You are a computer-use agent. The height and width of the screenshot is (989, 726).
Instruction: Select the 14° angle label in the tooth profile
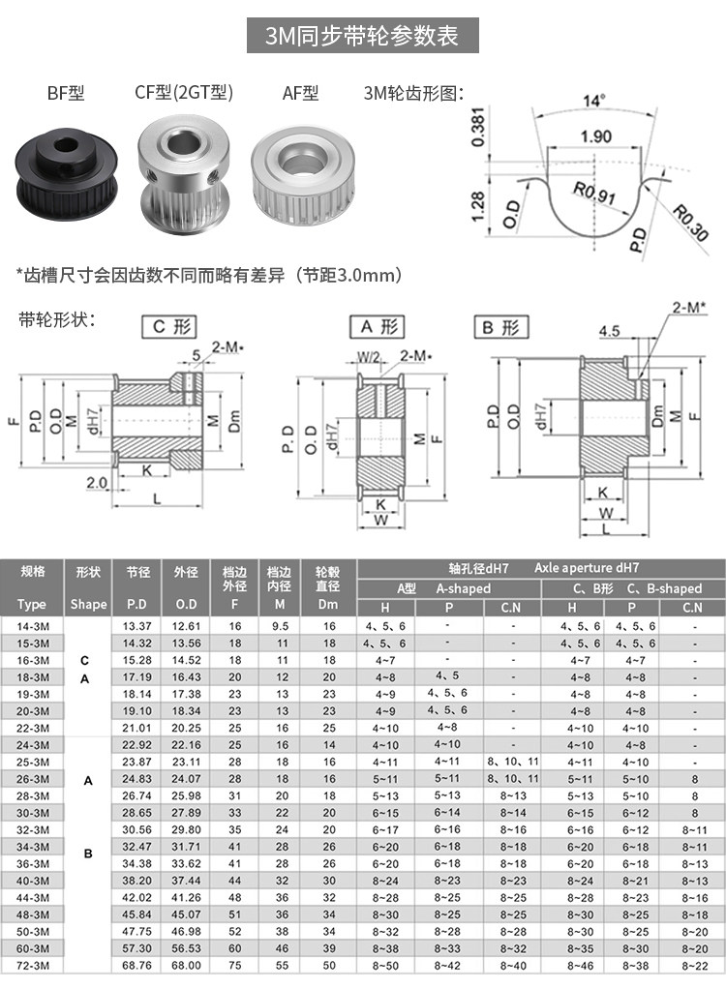pyautogui.click(x=593, y=101)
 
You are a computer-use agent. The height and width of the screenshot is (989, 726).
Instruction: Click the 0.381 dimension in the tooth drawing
pyautogui.click(x=479, y=127)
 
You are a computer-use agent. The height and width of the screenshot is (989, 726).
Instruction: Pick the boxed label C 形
pyautogui.click(x=169, y=327)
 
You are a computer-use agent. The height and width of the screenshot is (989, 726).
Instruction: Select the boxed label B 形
pyautogui.click(x=500, y=327)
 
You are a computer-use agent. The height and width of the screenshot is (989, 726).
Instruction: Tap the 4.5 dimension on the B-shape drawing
pyautogui.click(x=609, y=331)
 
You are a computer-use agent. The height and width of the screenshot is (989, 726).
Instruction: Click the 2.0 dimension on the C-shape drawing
pyautogui.click(x=97, y=483)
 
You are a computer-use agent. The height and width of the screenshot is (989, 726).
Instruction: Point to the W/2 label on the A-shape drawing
pyautogui.click(x=369, y=358)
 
